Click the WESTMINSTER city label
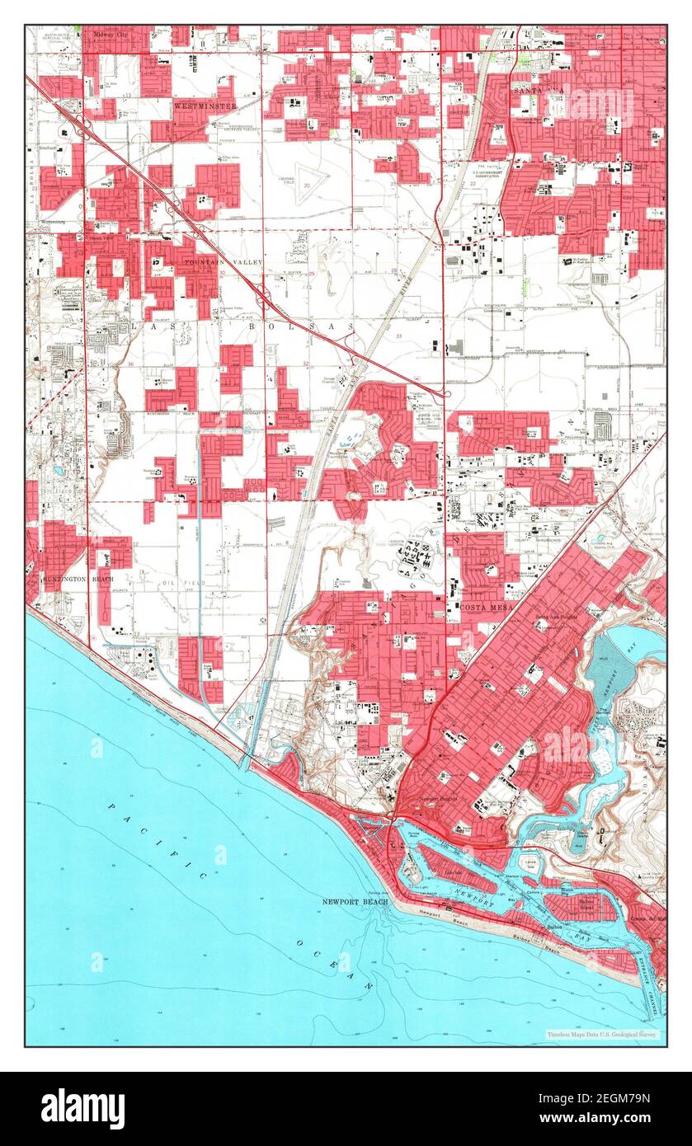(x=205, y=106)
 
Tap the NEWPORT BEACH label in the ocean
(x=355, y=902)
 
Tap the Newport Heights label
(x=439, y=799)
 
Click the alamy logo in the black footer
(x=82, y=1108)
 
